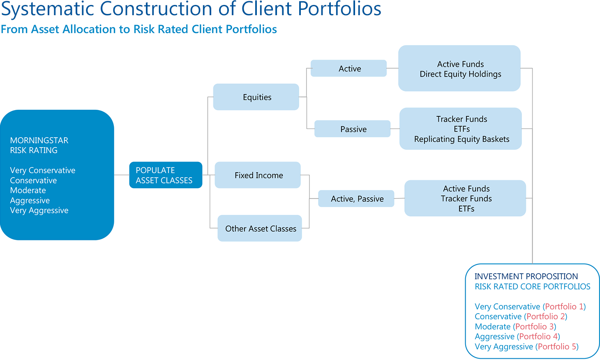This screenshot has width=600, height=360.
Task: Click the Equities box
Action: (x=256, y=97)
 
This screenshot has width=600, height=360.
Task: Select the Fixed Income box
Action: (x=258, y=175)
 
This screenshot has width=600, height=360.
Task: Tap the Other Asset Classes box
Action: (x=260, y=228)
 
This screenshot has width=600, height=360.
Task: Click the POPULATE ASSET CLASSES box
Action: (x=165, y=175)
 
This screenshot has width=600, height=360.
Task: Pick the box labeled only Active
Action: (x=349, y=69)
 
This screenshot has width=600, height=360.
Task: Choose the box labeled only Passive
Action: (x=353, y=129)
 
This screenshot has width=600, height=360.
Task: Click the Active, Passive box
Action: (x=356, y=199)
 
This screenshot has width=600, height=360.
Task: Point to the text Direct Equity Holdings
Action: (x=460, y=74)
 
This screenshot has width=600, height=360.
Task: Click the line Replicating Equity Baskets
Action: (x=462, y=139)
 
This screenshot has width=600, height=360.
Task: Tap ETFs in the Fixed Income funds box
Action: (x=466, y=209)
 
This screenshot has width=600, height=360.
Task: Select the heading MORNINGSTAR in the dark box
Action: (x=39, y=141)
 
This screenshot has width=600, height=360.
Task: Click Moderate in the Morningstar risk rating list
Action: (x=28, y=190)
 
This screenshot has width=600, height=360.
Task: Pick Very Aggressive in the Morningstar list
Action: (x=39, y=210)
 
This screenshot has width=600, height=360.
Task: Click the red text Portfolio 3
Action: (x=534, y=327)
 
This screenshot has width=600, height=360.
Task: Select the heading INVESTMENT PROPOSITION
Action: (x=526, y=277)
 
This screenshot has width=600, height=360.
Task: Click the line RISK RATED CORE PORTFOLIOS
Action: (x=532, y=287)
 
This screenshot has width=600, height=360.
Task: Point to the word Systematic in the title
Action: (x=47, y=9)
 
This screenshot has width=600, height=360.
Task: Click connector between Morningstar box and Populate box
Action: (x=122, y=175)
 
